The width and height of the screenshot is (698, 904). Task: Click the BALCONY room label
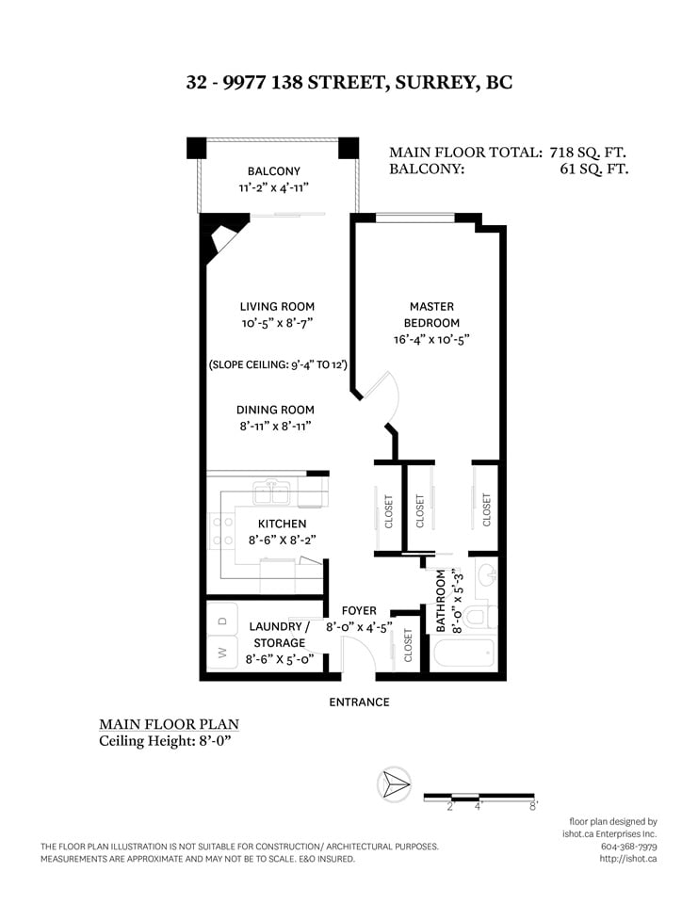point(273,171)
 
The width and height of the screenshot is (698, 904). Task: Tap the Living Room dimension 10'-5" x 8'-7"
point(277,323)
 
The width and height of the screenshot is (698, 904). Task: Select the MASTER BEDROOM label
point(431,315)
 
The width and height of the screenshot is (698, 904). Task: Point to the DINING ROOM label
point(275,410)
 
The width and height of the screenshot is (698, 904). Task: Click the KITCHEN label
point(282,524)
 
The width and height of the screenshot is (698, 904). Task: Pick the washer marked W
point(222,652)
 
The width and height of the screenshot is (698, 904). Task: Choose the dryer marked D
point(222,620)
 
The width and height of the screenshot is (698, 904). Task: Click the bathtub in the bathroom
point(463,654)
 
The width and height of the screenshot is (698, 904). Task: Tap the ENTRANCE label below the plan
point(359,702)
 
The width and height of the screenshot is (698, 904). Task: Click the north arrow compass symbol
point(394,784)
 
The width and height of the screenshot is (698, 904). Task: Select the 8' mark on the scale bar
point(533,805)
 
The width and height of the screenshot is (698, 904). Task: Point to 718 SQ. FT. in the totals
point(587,153)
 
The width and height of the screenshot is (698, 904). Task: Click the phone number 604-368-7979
point(629,847)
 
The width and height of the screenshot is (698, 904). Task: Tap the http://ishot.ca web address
point(628,859)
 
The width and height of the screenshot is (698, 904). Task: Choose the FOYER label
point(359,610)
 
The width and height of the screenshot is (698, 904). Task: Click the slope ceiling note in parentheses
point(278,364)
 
